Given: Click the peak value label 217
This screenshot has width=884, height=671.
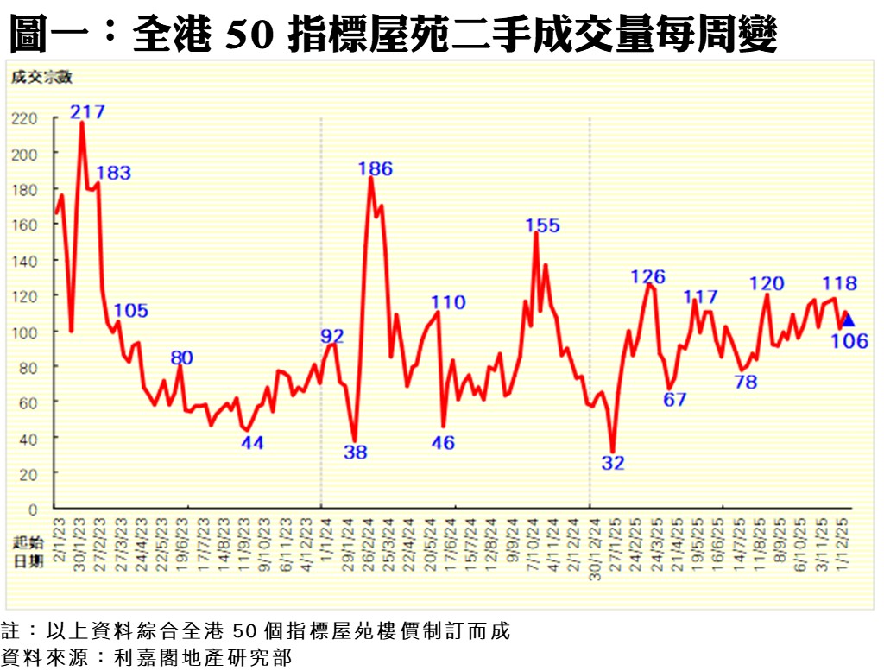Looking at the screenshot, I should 88,111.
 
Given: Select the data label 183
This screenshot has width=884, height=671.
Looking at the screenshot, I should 113,173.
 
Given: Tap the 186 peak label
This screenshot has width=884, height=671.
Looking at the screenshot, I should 376,169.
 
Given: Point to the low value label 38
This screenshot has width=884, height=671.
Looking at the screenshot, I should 356,452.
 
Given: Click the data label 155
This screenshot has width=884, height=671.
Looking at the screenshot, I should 543,226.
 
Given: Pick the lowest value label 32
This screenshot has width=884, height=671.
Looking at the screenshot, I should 613,463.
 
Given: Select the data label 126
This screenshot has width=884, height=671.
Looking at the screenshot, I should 648,277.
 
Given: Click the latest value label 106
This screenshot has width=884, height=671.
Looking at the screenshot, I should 849,341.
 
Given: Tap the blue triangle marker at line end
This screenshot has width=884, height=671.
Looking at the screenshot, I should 848,320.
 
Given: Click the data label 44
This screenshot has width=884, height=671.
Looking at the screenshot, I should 252,443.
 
